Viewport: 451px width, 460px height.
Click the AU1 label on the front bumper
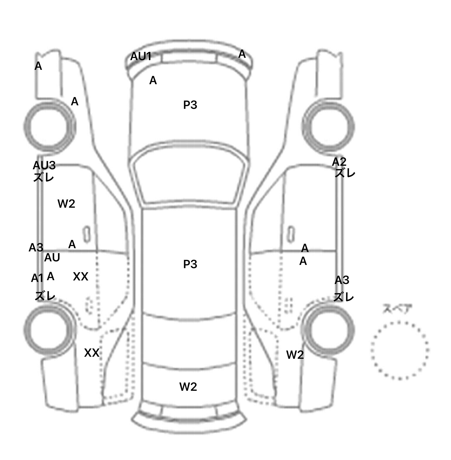click(x=141, y=56)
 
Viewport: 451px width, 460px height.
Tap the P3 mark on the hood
click(x=190, y=105)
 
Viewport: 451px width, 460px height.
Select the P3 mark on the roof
click(x=190, y=264)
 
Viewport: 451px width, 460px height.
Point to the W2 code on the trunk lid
click(x=188, y=387)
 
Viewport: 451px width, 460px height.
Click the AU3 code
click(x=44, y=165)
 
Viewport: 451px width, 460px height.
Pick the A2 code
click(x=339, y=162)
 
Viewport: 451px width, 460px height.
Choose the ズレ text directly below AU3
click(x=43, y=177)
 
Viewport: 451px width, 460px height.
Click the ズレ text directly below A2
click(x=345, y=173)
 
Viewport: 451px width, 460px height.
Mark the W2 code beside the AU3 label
click(x=66, y=203)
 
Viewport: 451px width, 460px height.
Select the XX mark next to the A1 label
click(x=80, y=276)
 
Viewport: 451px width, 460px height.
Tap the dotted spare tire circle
click(x=400, y=350)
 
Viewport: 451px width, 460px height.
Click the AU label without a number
click(x=52, y=258)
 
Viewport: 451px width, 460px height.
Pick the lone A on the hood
click(x=153, y=80)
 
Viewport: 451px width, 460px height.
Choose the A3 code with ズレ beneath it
click(x=342, y=280)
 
